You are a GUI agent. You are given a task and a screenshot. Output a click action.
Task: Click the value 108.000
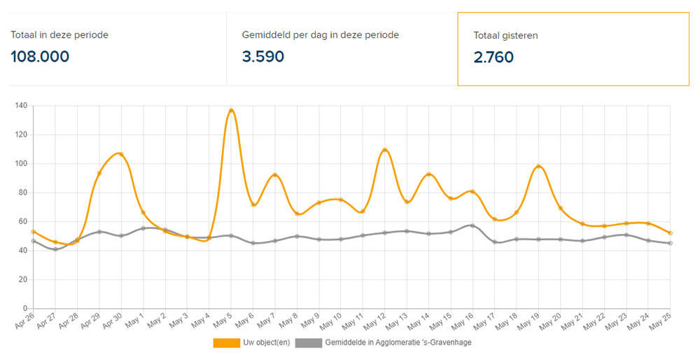[x=40, y=57]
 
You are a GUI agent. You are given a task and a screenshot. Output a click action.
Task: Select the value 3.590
[x=263, y=57]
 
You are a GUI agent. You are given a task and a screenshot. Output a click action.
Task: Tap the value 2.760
[x=493, y=57]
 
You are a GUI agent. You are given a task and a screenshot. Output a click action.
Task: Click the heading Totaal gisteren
[x=505, y=35]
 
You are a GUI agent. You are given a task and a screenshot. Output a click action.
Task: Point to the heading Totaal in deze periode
[x=59, y=34]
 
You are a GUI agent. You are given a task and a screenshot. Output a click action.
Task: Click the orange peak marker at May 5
[x=231, y=111]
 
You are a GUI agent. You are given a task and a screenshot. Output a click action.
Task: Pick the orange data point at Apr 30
[x=121, y=154]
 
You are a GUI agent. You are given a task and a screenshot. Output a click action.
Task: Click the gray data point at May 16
[x=472, y=226]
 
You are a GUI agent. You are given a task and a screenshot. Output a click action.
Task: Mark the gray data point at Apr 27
[x=55, y=249]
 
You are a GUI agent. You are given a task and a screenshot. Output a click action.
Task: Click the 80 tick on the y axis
[x=22, y=193]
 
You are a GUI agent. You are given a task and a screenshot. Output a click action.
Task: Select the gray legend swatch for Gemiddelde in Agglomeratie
[x=308, y=343]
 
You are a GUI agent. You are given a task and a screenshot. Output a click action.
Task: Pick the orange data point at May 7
[x=275, y=175]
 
